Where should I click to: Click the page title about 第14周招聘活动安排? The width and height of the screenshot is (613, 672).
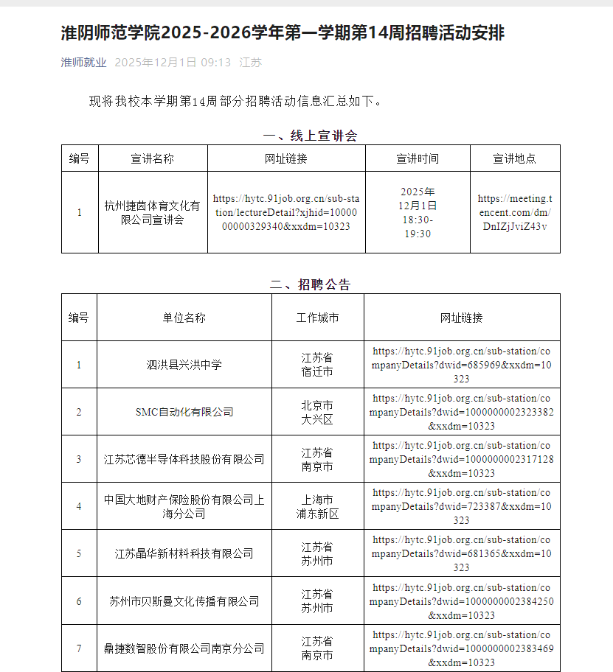click(283, 33)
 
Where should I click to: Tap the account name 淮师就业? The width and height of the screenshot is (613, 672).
click(83, 63)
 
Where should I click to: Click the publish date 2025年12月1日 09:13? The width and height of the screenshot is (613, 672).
click(173, 63)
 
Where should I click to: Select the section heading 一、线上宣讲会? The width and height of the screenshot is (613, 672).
click(310, 136)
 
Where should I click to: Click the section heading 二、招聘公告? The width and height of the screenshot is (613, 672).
click(310, 284)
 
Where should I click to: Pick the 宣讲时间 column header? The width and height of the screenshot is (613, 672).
click(418, 158)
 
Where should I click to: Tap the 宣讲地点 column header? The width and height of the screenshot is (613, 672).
click(514, 158)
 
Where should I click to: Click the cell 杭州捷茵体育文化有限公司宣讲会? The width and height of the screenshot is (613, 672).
click(153, 212)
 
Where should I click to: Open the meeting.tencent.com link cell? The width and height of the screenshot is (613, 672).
click(514, 212)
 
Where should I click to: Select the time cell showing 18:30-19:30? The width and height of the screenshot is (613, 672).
click(418, 212)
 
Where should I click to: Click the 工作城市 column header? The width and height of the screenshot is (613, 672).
click(317, 318)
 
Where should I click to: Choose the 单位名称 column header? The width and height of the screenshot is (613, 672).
click(184, 318)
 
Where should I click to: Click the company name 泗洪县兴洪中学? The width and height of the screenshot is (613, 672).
click(184, 365)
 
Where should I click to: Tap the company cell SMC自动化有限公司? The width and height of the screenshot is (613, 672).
click(184, 412)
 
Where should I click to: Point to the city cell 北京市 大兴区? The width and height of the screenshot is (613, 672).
click(317, 412)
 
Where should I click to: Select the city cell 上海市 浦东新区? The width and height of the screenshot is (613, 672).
click(317, 506)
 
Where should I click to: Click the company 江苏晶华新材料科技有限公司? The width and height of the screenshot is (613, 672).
click(184, 553)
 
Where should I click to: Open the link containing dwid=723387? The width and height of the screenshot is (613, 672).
click(461, 506)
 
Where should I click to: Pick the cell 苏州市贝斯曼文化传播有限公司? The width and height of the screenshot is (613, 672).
click(184, 601)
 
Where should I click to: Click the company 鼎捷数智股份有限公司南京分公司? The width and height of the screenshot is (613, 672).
click(184, 648)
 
